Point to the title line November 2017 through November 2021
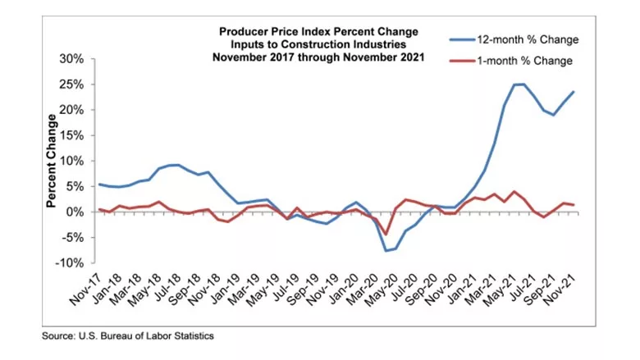pyautogui.click(x=318, y=57)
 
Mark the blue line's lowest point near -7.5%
pyautogui.click(x=385, y=250)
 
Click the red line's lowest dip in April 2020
pyautogui.click(x=385, y=235)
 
